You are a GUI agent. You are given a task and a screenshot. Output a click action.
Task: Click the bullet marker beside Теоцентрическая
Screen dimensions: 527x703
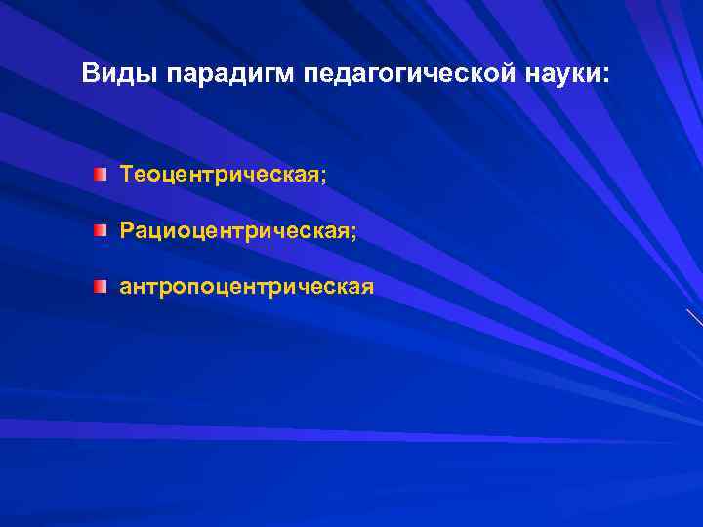pyautogui.click(x=101, y=175)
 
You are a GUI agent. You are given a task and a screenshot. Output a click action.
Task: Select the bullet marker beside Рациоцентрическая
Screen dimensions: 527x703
pyautogui.click(x=101, y=231)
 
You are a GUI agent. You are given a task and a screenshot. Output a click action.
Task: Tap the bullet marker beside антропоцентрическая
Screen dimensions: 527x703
pyautogui.click(x=101, y=287)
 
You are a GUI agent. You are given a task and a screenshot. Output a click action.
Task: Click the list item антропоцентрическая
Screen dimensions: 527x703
pyautogui.click(x=246, y=288)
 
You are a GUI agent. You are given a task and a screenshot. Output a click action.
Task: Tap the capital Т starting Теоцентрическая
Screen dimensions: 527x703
pyautogui.click(x=127, y=175)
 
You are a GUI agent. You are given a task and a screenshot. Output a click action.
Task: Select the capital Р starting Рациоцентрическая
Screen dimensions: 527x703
pyautogui.click(x=127, y=231)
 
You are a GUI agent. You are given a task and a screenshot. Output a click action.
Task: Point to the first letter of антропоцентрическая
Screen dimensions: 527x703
pyautogui.click(x=125, y=289)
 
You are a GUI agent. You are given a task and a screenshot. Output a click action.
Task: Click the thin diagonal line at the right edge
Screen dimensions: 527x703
pyautogui.click(x=694, y=317)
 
